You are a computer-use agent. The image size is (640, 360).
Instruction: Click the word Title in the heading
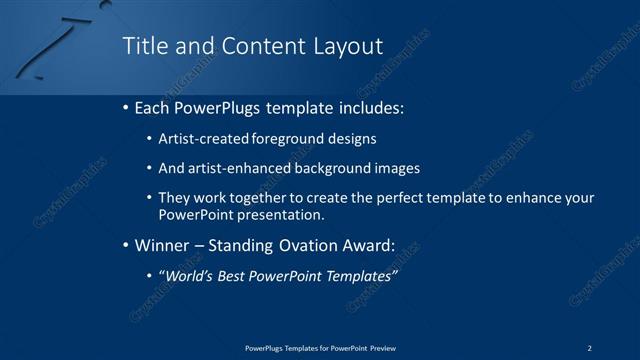143,46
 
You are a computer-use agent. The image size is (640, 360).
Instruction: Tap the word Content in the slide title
255,46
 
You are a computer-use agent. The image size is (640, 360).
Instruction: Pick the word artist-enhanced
238,168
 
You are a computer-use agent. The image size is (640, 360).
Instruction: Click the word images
399,168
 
